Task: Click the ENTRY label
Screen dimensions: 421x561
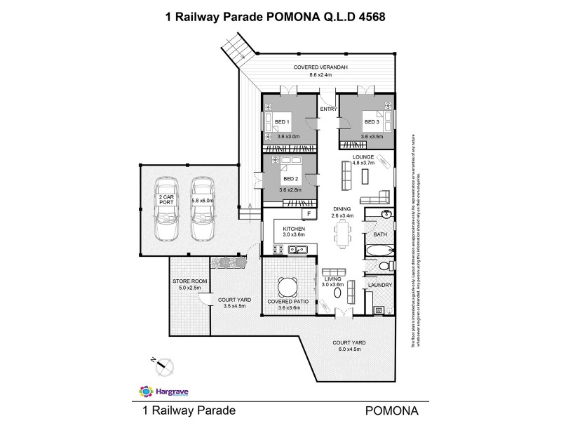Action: [327, 109]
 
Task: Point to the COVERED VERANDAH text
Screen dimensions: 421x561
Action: [320, 67]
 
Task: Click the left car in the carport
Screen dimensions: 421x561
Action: [166, 208]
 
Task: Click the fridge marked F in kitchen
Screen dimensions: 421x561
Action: [306, 213]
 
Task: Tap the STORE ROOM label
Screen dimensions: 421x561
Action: [187, 281]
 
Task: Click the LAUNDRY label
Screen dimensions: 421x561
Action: [379, 286]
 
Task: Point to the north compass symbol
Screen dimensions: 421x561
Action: [163, 363]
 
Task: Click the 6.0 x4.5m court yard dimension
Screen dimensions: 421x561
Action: [349, 349]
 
